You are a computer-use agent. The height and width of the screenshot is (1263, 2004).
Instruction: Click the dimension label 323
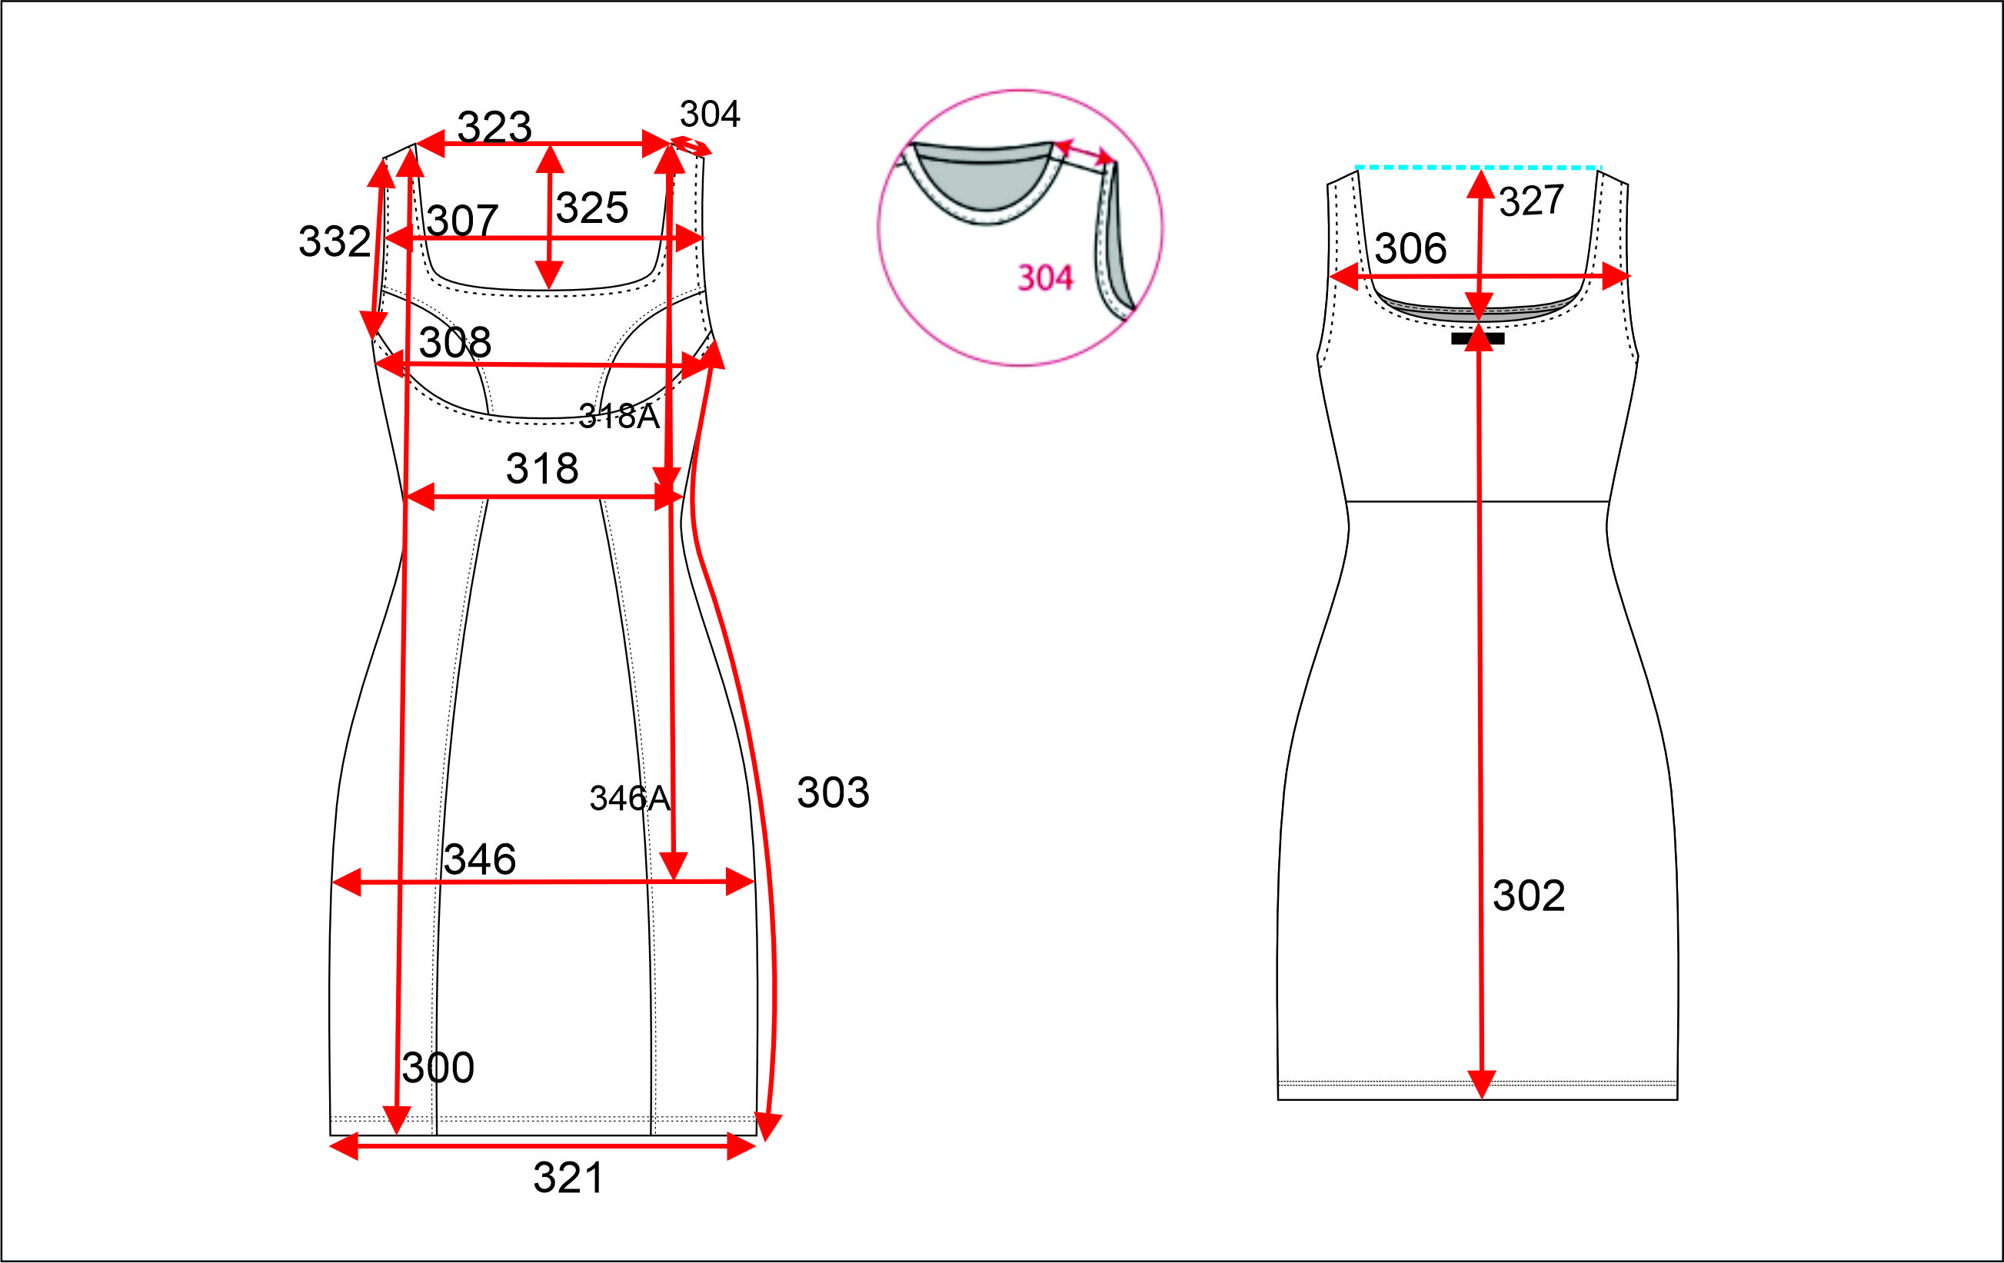[x=494, y=128]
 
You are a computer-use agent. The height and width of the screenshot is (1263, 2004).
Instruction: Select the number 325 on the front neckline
[x=591, y=208]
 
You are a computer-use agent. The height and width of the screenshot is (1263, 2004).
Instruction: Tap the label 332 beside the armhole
[x=335, y=241]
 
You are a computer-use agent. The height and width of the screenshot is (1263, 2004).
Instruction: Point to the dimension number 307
[x=463, y=221]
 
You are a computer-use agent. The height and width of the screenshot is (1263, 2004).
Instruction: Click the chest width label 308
[x=455, y=342]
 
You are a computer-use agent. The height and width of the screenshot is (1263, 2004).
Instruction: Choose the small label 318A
[x=619, y=416]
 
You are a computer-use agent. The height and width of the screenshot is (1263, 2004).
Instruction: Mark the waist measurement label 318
[x=543, y=468]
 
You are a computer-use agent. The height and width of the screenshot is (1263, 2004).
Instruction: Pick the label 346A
[x=630, y=799]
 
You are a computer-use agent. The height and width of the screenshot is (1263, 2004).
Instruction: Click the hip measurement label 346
[x=480, y=859]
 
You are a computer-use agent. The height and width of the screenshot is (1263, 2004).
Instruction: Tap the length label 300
[x=438, y=1068]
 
